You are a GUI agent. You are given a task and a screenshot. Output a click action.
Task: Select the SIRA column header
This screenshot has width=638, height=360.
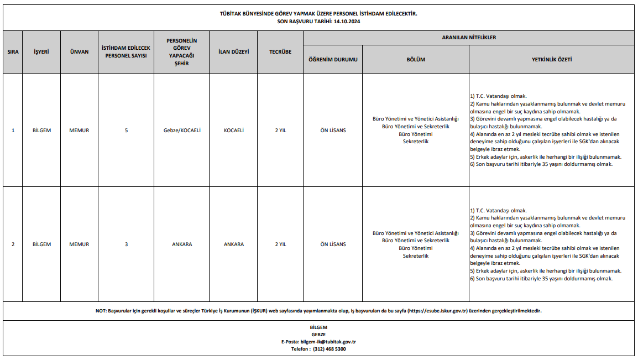(13, 52)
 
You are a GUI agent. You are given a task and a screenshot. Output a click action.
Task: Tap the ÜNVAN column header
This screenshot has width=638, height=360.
(79, 52)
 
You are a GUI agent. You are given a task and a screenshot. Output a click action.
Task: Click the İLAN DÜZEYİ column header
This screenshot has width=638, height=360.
(233, 52)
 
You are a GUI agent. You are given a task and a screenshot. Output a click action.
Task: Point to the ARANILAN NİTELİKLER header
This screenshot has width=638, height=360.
(469, 38)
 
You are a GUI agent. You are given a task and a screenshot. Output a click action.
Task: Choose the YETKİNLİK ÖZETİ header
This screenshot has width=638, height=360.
(551, 59)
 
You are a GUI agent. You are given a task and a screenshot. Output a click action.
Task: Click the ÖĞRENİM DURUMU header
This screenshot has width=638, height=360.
(333, 59)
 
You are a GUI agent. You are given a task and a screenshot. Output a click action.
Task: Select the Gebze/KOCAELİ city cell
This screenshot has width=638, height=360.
(182, 131)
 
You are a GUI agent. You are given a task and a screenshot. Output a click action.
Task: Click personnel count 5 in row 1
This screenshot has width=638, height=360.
(126, 131)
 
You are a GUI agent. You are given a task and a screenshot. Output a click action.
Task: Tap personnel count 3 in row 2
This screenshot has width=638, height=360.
(126, 244)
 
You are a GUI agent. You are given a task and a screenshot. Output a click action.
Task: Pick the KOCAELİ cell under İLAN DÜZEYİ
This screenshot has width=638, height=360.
(233, 131)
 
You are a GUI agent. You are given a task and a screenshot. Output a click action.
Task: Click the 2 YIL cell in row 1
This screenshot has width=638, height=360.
(280, 131)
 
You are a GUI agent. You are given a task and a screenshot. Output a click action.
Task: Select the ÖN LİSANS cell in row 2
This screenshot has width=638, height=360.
(333, 244)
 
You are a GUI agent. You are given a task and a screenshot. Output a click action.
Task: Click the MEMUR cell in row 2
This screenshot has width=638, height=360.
(79, 244)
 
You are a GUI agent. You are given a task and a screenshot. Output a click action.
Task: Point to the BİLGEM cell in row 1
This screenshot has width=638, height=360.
(41, 131)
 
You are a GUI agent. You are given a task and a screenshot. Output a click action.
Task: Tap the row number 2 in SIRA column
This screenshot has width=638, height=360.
(13, 244)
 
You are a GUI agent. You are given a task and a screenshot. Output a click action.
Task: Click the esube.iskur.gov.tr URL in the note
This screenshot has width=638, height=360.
(438, 311)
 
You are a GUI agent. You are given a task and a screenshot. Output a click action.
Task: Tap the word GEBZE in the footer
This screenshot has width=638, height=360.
(318, 335)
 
